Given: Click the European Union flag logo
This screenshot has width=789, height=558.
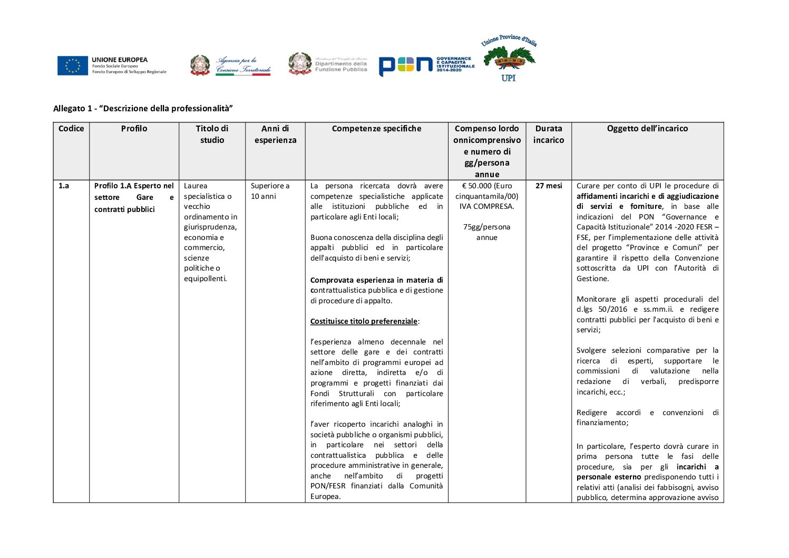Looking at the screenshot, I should click(x=73, y=66).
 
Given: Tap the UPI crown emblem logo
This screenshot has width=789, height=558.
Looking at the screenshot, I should click(x=509, y=59).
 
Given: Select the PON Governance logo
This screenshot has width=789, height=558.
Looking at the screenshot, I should click(x=426, y=65).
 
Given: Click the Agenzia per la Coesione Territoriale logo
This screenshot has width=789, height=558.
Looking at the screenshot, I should click(x=230, y=66).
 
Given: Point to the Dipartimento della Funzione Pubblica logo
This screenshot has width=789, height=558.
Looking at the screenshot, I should click(x=328, y=64).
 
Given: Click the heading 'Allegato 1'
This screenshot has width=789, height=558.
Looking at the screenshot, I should click(x=143, y=109).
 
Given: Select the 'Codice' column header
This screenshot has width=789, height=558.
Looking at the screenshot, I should click(x=71, y=129).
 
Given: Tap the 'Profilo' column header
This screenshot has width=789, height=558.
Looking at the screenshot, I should click(x=134, y=129).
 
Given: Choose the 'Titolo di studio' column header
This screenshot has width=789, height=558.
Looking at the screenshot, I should click(x=212, y=134).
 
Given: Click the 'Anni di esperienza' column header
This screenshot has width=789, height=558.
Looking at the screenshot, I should click(x=275, y=134).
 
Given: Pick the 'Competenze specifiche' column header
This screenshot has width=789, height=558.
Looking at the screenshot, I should click(x=376, y=129).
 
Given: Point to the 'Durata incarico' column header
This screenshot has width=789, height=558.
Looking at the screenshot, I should click(x=548, y=134).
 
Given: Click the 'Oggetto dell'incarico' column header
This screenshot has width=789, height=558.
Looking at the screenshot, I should click(x=647, y=129).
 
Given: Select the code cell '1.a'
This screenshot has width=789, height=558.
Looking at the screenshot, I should click(x=64, y=186).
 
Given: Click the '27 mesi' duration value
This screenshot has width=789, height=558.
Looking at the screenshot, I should click(x=549, y=186).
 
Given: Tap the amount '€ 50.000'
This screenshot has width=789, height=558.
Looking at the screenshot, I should click(x=476, y=186).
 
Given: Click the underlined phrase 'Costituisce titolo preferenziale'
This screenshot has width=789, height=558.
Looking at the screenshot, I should click(x=364, y=322).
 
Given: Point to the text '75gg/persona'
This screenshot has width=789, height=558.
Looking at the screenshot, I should click(x=486, y=227).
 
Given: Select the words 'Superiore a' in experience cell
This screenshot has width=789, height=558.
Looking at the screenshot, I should click(x=270, y=186).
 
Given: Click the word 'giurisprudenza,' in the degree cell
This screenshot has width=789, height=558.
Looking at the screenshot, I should click(x=210, y=227).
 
